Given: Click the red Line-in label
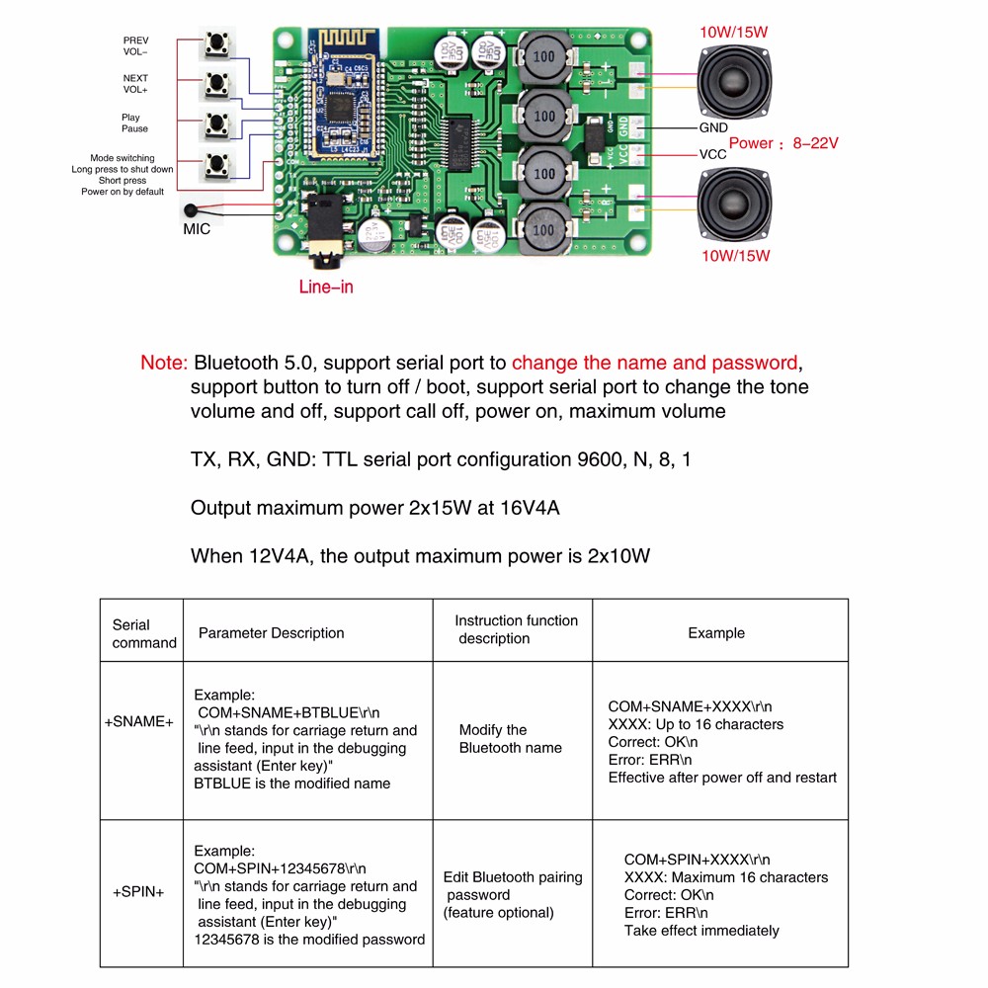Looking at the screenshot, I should coord(326,288).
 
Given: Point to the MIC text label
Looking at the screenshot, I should coord(197,229).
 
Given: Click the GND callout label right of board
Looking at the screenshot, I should coord(713,128).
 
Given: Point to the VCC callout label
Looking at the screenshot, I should coord(712,155).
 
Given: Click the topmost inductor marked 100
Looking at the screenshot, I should coord(543,57).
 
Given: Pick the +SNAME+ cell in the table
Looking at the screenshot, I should coord(139,721).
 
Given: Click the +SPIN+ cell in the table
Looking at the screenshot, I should coord(139,891).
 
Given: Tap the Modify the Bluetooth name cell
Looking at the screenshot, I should coord(511,739).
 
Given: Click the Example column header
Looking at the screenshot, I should coord(716,632).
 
